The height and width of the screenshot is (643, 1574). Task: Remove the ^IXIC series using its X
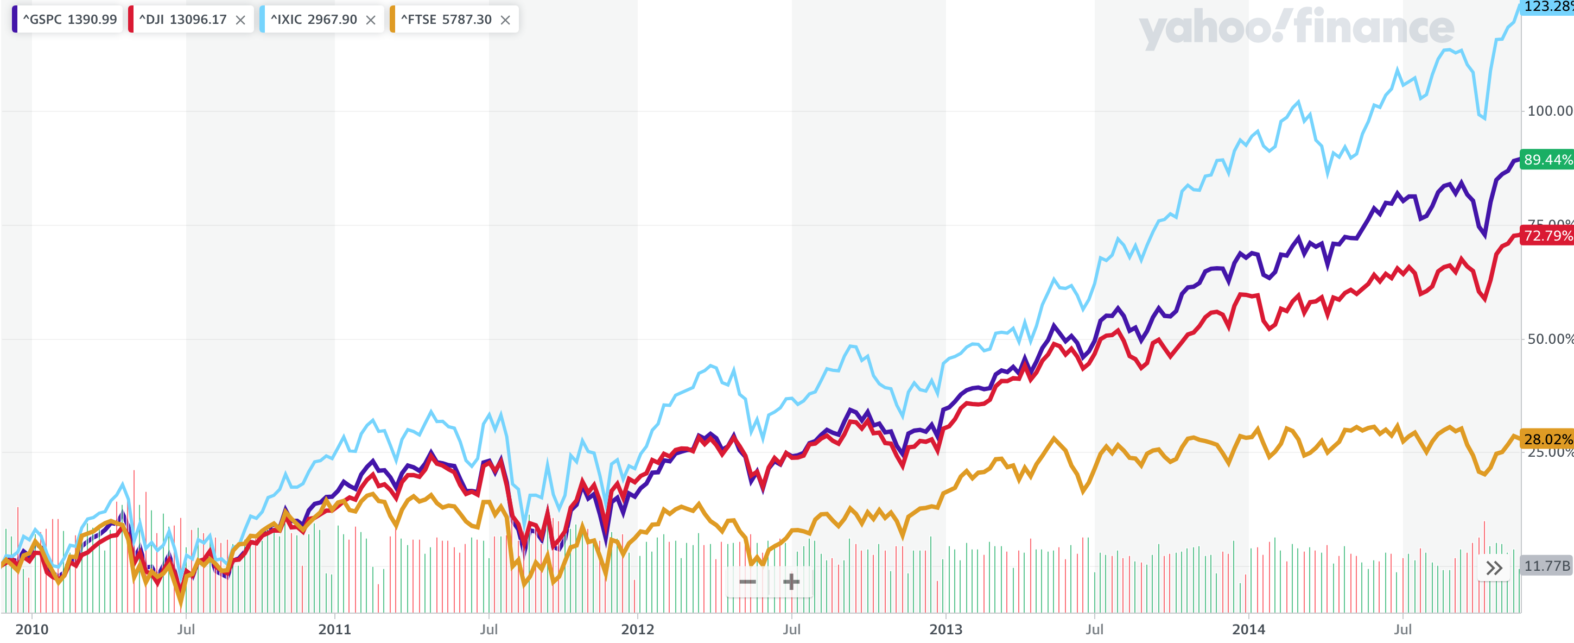point(371,20)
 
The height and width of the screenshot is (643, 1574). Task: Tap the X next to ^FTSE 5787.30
point(505,20)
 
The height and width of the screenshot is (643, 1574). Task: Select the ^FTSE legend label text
point(446,20)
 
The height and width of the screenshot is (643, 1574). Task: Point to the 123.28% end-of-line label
point(1547,7)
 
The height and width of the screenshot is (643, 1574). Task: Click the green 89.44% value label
point(1546,160)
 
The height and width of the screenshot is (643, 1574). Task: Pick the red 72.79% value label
point(1546,235)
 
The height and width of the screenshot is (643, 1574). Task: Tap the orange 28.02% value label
point(1546,439)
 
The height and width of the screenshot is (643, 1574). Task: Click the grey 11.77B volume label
point(1546,566)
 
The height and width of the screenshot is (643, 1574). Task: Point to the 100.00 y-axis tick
point(1549,111)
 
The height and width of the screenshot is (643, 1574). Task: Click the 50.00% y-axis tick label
point(1549,339)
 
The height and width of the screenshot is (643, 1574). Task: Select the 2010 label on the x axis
point(32,629)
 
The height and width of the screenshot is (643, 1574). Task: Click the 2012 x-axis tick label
point(637,629)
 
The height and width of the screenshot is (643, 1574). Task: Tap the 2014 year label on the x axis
point(1248,629)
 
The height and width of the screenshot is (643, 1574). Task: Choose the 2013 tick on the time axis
point(945,629)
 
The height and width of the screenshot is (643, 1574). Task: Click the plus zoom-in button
point(791,582)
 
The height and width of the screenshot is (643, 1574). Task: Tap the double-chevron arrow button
point(1494,569)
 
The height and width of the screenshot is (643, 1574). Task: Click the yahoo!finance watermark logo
point(1296,28)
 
